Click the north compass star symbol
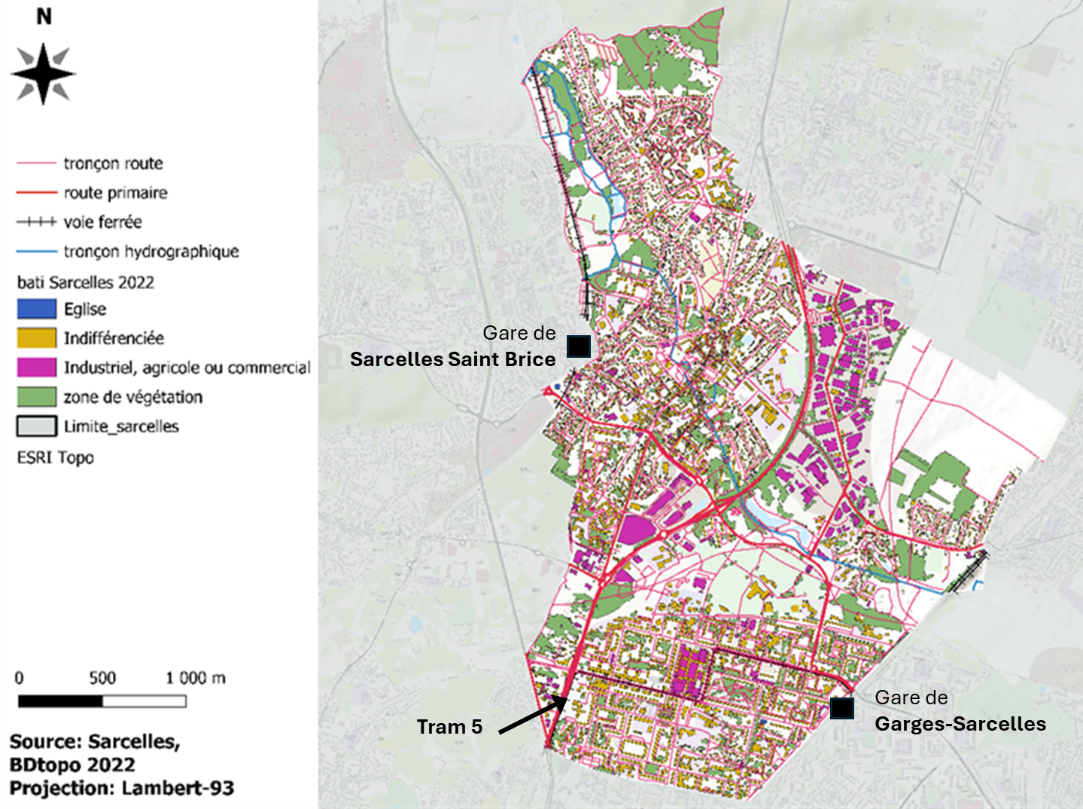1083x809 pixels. (x=43, y=74)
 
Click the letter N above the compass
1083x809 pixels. (x=44, y=16)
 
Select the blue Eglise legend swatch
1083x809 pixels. (x=36, y=309)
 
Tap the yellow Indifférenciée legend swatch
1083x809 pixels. (x=36, y=337)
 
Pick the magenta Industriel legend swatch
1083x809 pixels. (x=36, y=367)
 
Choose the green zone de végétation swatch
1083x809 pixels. (x=36, y=396)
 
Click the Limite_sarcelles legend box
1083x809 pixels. (x=36, y=426)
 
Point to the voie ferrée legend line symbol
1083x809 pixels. (x=36, y=222)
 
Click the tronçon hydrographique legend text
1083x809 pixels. (x=151, y=252)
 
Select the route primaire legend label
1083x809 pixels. (x=115, y=193)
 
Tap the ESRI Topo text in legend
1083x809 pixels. (x=56, y=457)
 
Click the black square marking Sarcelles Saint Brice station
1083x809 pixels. (x=578, y=346)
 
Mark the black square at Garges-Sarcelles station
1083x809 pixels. (x=841, y=708)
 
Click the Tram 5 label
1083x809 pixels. (x=449, y=727)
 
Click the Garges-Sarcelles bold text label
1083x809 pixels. (x=960, y=724)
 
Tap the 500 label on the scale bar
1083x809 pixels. (x=102, y=677)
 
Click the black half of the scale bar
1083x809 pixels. (x=60, y=701)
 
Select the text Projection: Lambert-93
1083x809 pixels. (x=121, y=788)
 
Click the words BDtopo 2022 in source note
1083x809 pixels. (x=72, y=765)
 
